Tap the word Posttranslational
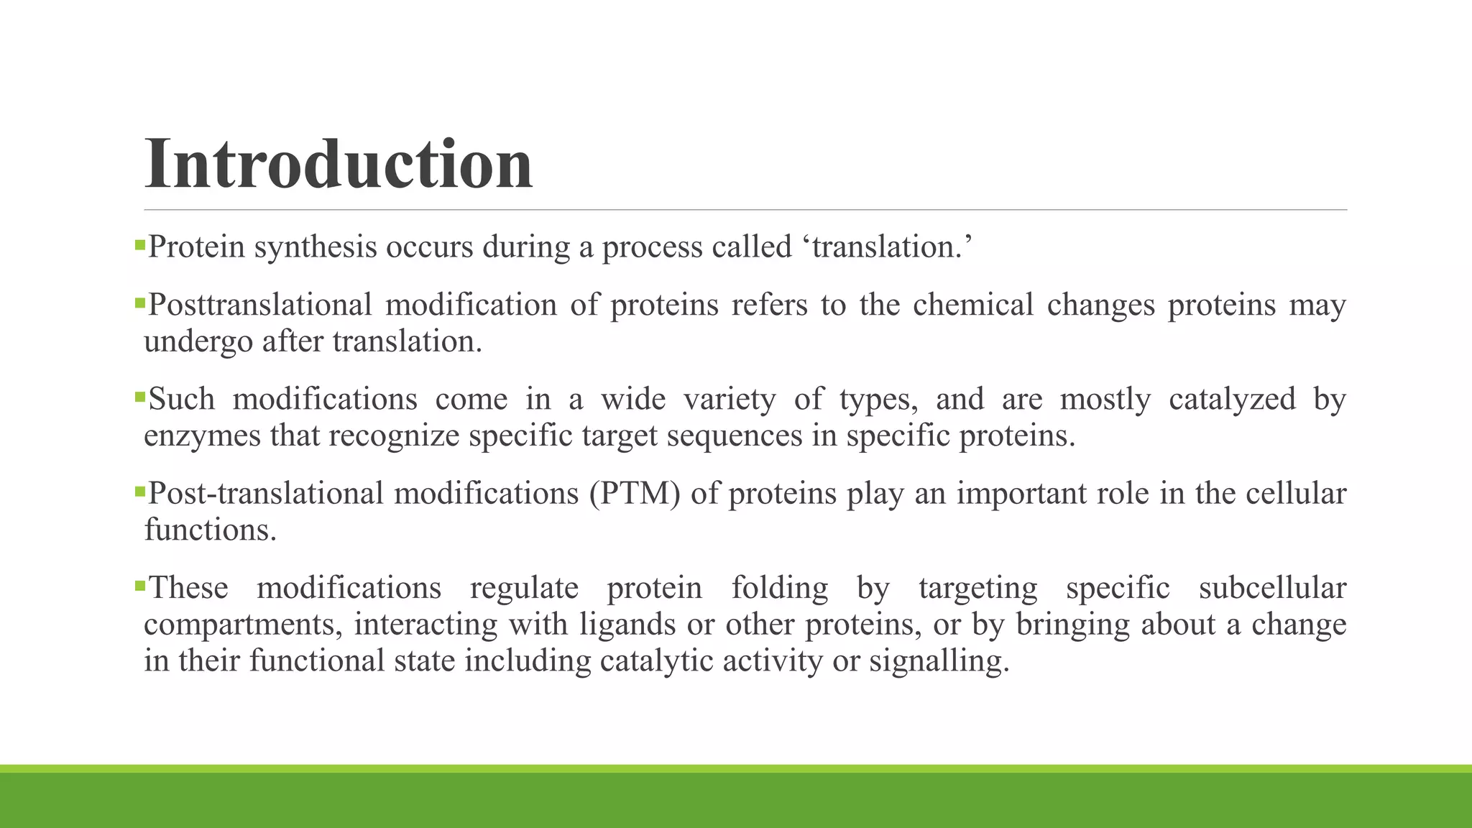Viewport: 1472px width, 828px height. click(x=260, y=305)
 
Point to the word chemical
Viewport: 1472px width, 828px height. click(x=973, y=305)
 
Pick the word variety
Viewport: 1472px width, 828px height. click(x=730, y=400)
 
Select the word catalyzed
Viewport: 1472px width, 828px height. click(x=1232, y=400)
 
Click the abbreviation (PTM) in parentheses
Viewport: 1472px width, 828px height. click(x=635, y=494)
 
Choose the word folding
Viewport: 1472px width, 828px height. click(x=780, y=589)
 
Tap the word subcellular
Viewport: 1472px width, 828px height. click(x=1272, y=589)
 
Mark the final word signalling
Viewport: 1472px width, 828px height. click(x=939, y=661)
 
